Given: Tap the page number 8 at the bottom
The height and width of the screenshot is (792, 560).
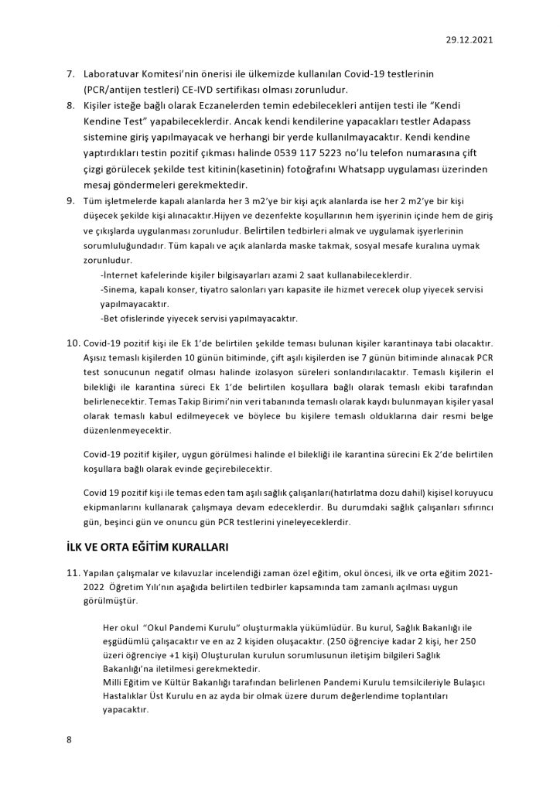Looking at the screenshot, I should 70,740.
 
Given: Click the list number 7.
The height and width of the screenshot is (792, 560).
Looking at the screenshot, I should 70,73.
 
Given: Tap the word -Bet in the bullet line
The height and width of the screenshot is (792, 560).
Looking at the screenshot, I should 111,318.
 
